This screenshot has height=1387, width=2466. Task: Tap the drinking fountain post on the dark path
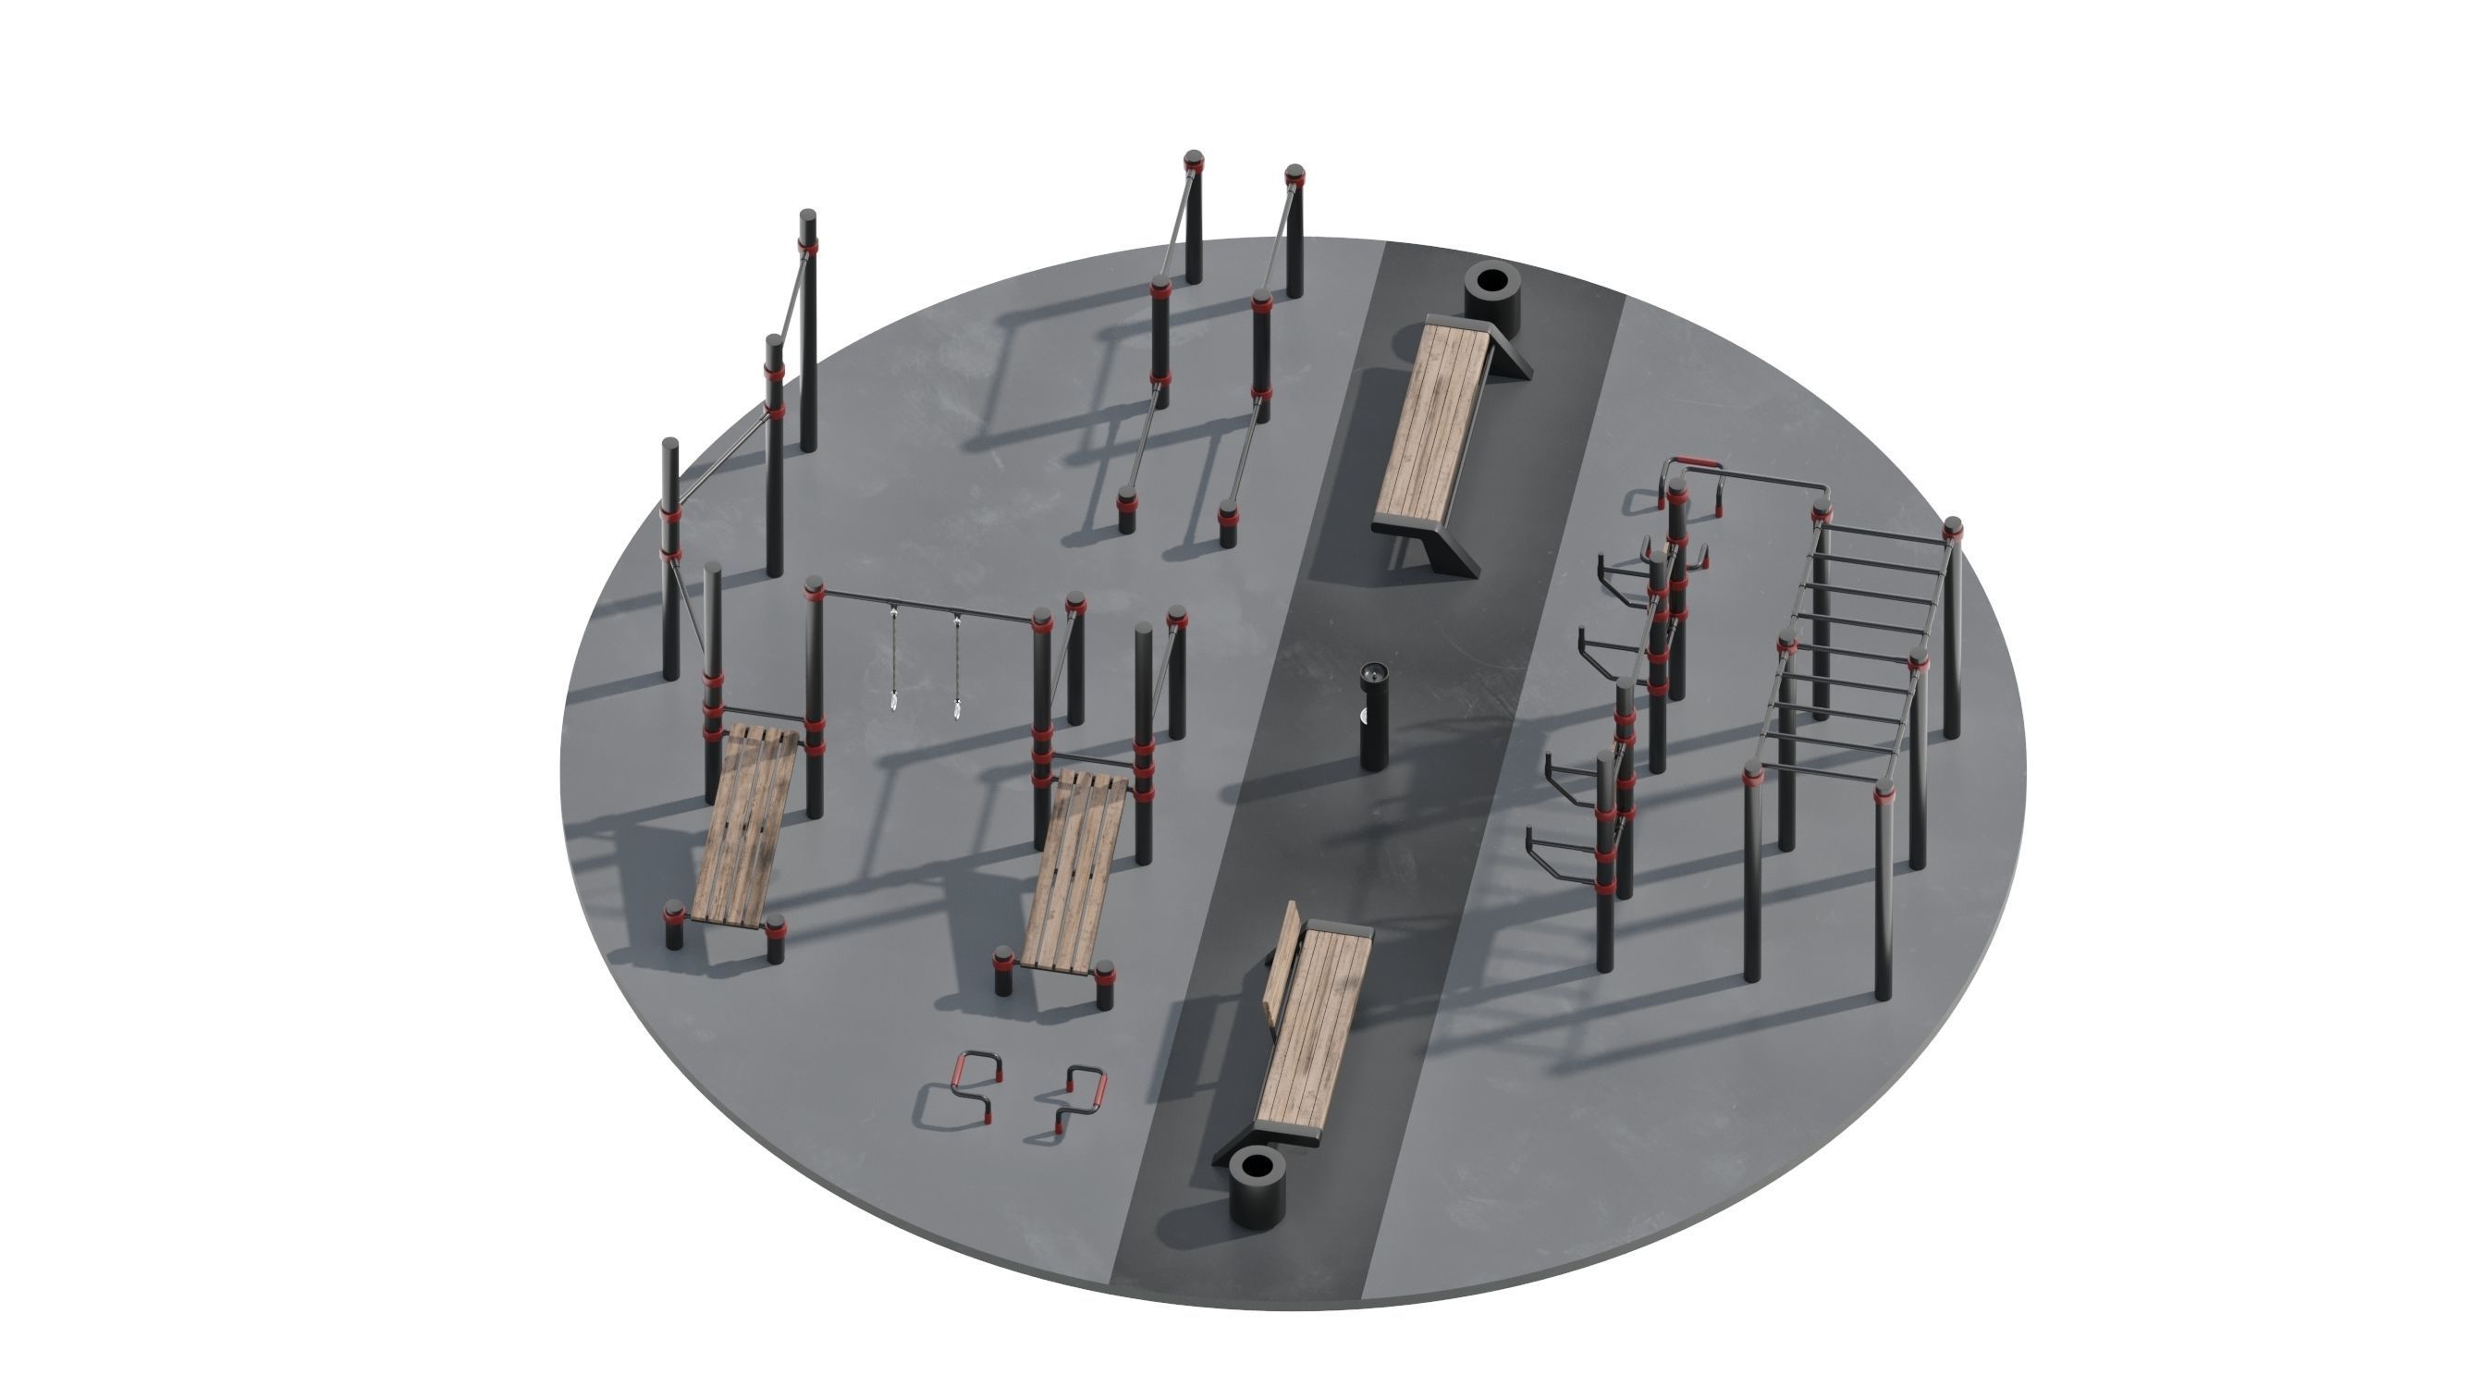click(1374, 719)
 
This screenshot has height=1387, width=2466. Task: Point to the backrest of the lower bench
click(1282, 967)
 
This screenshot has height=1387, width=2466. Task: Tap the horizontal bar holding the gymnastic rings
click(924, 604)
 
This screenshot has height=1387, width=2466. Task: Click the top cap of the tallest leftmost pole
click(808, 215)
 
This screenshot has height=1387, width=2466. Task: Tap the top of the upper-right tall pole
click(1294, 173)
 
